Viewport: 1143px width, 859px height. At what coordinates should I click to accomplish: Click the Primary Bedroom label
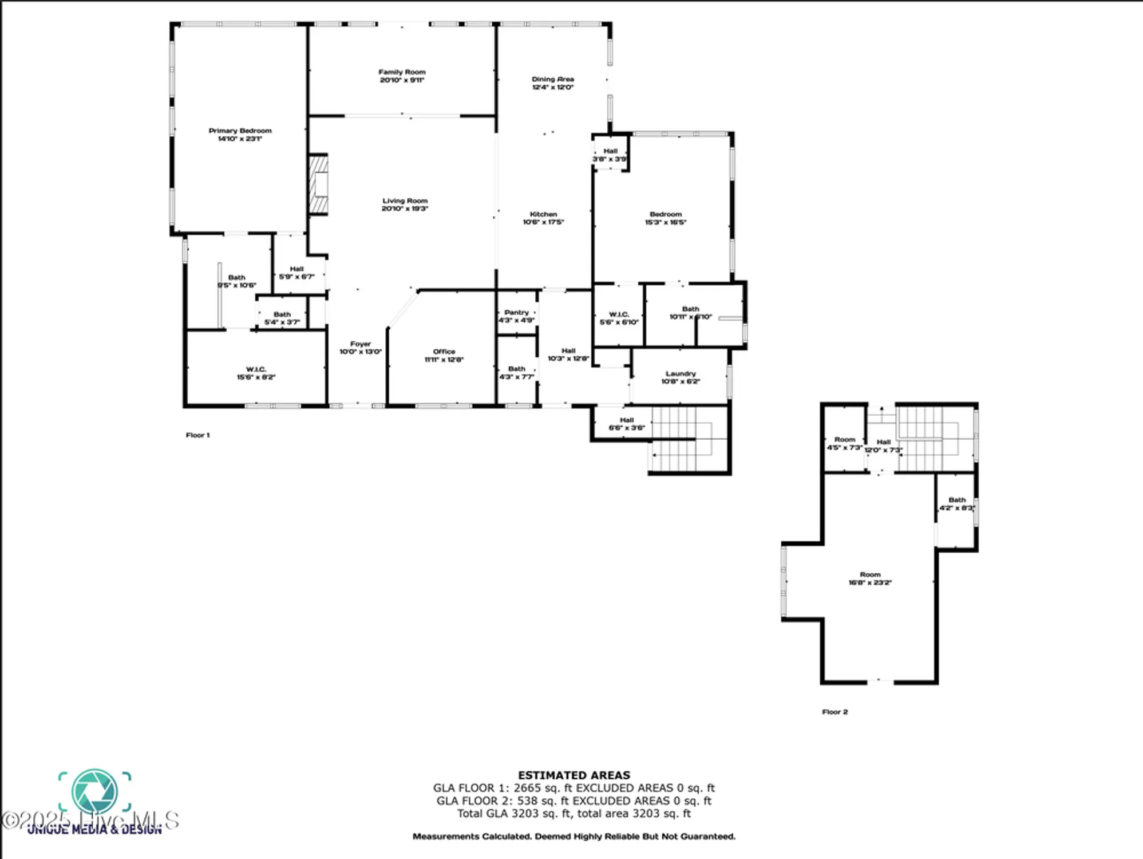click(x=240, y=131)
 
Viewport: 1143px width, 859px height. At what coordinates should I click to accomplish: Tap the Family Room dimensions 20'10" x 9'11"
click(x=402, y=80)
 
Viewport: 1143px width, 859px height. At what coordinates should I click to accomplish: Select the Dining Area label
click(x=552, y=80)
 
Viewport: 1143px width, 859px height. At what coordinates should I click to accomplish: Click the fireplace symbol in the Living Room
click(x=319, y=184)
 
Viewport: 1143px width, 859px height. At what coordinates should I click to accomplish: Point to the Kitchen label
click(x=543, y=214)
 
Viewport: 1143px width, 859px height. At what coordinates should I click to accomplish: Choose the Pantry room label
click(x=516, y=313)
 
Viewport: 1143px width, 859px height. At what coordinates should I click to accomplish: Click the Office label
click(x=444, y=352)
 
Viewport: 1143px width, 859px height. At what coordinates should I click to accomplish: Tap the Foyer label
click(x=361, y=344)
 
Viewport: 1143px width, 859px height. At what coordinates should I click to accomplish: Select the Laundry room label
click(x=681, y=373)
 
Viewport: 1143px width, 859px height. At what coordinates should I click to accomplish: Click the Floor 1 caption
click(x=197, y=435)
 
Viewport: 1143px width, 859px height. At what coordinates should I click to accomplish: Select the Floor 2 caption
click(x=834, y=712)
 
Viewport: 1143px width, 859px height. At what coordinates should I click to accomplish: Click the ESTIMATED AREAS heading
click(x=574, y=775)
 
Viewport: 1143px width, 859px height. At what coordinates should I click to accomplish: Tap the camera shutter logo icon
click(x=94, y=792)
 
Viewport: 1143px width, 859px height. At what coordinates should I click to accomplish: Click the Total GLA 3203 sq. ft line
click(x=574, y=813)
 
